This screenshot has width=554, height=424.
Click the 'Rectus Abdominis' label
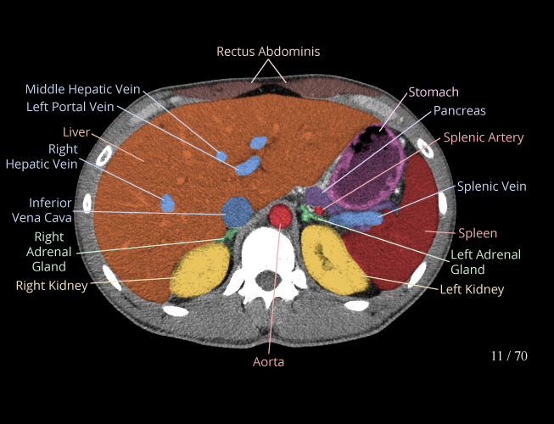268,52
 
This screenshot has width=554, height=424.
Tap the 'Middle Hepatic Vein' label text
82,89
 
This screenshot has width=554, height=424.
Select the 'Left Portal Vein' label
70,106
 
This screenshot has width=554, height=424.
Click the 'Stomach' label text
434,92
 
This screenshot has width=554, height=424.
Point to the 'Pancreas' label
459,110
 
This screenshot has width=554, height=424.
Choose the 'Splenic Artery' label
484,137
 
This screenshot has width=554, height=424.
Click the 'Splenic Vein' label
492,187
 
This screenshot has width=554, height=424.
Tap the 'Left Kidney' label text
472,289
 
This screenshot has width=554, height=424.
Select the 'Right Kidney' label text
52,286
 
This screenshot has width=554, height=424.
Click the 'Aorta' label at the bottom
268,362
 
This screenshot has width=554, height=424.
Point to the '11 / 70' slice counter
509,356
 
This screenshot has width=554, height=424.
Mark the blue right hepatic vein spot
168,203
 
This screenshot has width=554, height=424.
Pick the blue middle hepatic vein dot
222,157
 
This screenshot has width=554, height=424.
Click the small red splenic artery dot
319,209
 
